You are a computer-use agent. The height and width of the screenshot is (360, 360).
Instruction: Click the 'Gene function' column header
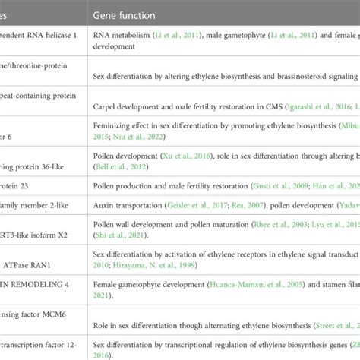pyautogui.click(x=125, y=15)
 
